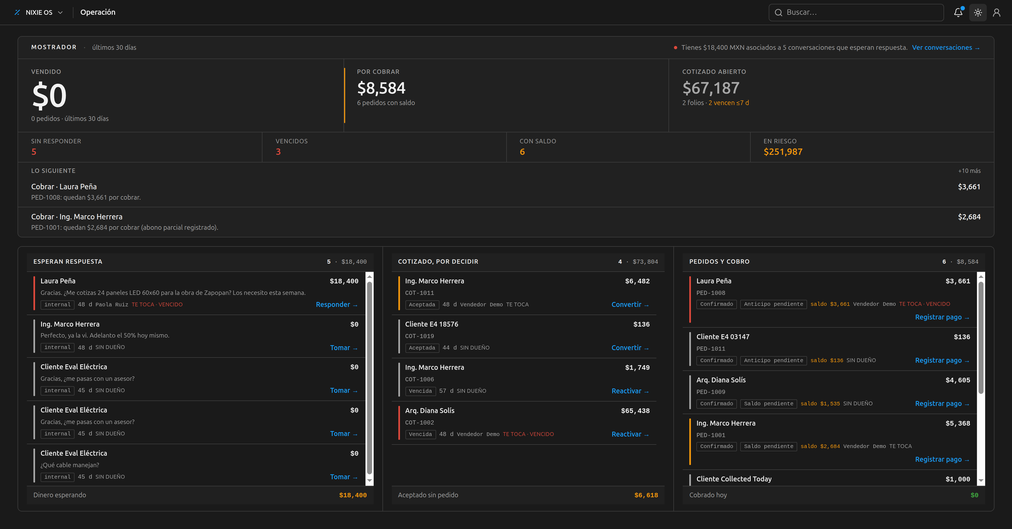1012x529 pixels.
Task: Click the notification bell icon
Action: click(958, 12)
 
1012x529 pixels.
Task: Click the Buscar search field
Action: click(856, 12)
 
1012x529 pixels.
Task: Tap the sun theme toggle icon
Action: click(978, 13)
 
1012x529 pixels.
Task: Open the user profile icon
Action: click(997, 13)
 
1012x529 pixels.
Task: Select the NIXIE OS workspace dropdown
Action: click(38, 12)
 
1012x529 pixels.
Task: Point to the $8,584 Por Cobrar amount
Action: click(381, 88)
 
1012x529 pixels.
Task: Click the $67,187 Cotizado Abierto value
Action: click(711, 88)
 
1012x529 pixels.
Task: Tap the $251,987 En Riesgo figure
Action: click(783, 152)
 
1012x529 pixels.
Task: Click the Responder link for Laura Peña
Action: click(336, 304)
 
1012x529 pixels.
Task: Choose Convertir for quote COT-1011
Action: click(630, 304)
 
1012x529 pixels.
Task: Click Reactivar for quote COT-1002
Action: click(630, 434)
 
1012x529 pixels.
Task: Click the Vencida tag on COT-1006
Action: click(420, 391)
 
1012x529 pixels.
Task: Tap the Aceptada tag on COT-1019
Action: click(422, 348)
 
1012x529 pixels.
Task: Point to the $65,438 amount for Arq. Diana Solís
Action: click(635, 411)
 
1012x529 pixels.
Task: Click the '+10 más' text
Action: click(969, 171)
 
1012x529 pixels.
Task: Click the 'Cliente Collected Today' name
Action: click(734, 479)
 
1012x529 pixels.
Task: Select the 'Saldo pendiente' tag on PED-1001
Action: click(768, 446)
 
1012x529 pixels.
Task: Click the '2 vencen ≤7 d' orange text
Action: click(728, 103)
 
